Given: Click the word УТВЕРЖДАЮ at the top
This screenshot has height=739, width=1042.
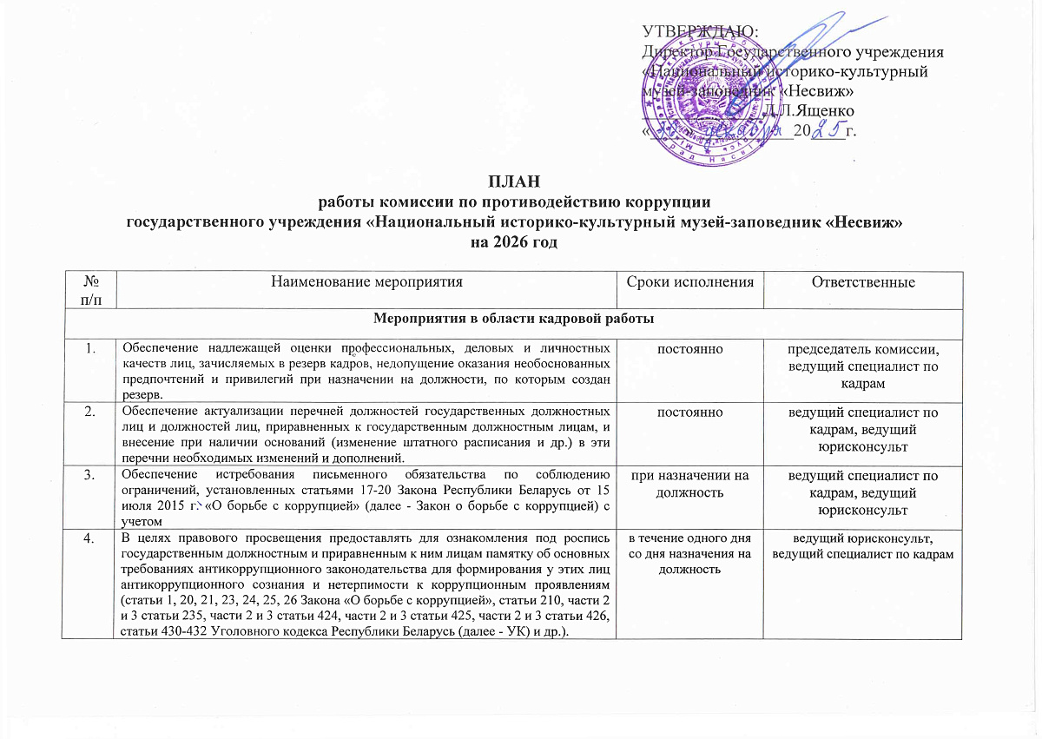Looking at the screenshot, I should pyautogui.click(x=699, y=31).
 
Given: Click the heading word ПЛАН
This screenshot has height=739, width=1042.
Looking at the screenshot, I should pyautogui.click(x=513, y=181).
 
